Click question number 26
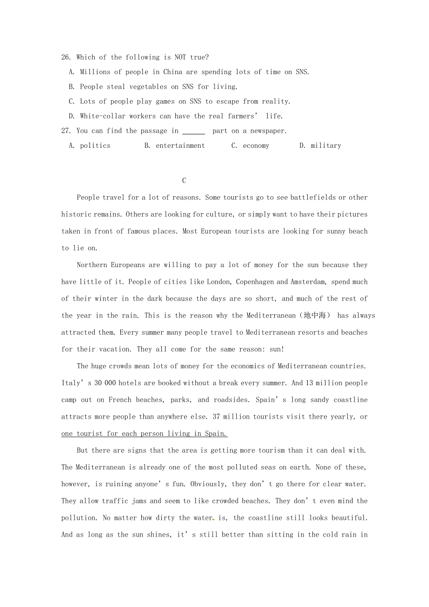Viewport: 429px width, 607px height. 66,57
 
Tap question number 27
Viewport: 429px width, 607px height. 66,131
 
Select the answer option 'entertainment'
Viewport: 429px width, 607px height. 180,145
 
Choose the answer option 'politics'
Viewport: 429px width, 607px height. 95,145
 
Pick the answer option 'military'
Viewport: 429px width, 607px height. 326,145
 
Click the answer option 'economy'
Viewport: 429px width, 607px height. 256,145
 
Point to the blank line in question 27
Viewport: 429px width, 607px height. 194,132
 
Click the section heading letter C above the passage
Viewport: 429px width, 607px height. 184,180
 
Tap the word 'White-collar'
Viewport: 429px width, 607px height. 103,116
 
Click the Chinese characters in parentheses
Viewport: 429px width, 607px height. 316,316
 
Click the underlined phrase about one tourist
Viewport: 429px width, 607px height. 144,434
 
